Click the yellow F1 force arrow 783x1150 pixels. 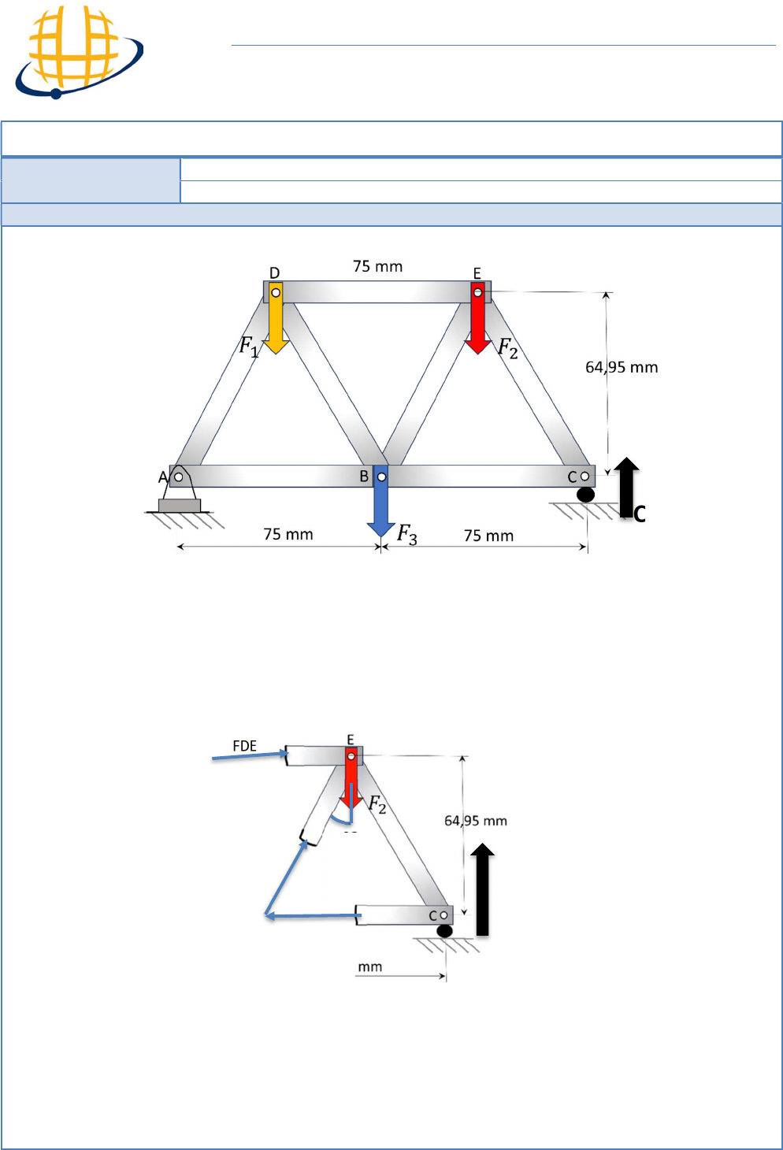click(x=276, y=318)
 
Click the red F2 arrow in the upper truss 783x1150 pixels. click(x=478, y=318)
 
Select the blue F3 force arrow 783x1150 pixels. click(x=381, y=500)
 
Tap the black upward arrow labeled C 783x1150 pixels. click(x=626, y=487)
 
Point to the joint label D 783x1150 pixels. click(x=275, y=273)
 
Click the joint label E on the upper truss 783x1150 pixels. click(x=477, y=273)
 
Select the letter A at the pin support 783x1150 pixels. click(x=163, y=477)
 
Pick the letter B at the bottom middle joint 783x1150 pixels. click(x=364, y=477)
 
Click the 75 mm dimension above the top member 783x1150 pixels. click(x=377, y=266)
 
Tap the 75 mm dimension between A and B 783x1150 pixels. click(x=288, y=535)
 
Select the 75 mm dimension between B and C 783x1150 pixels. click(x=488, y=536)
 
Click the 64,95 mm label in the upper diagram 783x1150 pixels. click(x=622, y=368)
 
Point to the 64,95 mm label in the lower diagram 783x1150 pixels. click(x=476, y=821)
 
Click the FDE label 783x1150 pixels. click(x=244, y=746)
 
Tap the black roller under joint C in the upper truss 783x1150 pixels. click(x=585, y=495)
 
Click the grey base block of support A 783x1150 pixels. click(x=179, y=506)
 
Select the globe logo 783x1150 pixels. click(x=79, y=52)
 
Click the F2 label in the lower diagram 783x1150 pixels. click(x=377, y=804)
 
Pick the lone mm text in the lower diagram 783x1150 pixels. click(x=369, y=967)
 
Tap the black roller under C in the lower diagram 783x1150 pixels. click(x=444, y=931)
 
